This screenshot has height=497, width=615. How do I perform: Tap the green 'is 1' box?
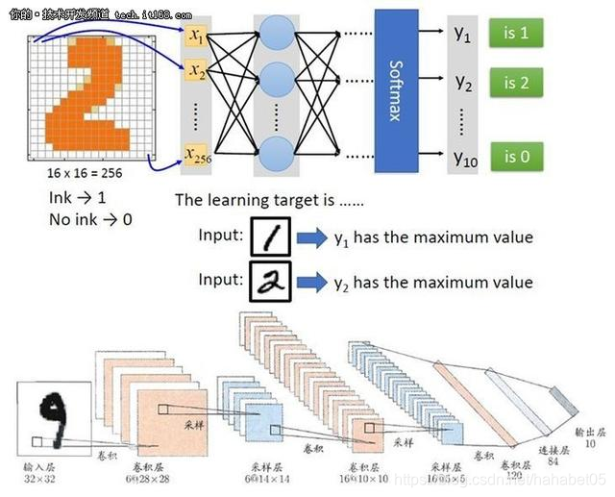click(515, 34)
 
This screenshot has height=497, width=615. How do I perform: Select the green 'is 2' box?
click(515, 83)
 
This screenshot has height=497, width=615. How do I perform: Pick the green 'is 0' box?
click(515, 156)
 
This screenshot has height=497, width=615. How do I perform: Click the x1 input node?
click(198, 36)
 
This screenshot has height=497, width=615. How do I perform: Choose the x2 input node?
click(198, 70)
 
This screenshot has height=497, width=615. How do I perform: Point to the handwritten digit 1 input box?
click(272, 236)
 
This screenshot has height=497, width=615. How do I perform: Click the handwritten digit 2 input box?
click(272, 282)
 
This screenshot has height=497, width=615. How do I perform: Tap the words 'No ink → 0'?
click(90, 219)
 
